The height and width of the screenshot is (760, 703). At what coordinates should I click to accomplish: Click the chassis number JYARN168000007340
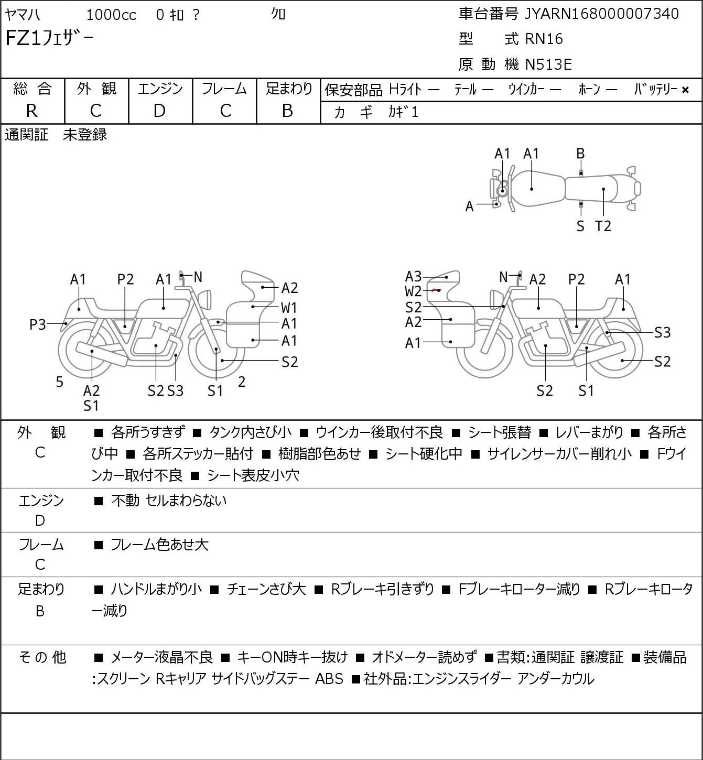click(x=601, y=14)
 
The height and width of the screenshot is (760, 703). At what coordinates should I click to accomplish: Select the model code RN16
click(x=544, y=39)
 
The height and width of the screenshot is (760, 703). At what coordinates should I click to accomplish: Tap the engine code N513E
click(x=548, y=64)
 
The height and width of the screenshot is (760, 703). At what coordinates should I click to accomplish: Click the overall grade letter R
click(x=32, y=111)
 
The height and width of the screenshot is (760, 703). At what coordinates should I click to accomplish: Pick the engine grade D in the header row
click(x=159, y=111)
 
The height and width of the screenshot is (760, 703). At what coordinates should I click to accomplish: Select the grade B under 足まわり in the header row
click(x=287, y=111)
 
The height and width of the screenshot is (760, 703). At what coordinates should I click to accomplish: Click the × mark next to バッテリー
click(x=685, y=90)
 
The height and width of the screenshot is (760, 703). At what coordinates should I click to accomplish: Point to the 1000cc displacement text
click(x=111, y=15)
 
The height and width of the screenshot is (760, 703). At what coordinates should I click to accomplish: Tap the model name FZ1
click(x=23, y=38)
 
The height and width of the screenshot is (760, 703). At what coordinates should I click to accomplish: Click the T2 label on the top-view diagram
click(x=603, y=226)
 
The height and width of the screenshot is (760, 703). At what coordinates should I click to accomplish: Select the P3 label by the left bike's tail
click(x=38, y=324)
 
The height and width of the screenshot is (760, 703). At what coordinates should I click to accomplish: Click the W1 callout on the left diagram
click(x=289, y=308)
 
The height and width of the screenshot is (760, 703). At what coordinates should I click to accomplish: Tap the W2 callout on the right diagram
click(x=413, y=291)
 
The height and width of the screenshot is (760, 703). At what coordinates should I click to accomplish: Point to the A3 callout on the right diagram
click(x=413, y=276)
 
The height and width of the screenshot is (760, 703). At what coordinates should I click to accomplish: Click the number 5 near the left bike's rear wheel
click(x=59, y=382)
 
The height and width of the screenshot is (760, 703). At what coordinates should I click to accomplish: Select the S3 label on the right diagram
click(x=663, y=332)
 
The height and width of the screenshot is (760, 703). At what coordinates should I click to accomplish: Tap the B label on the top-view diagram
click(x=580, y=154)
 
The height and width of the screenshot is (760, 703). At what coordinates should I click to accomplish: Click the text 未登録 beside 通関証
click(x=85, y=135)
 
